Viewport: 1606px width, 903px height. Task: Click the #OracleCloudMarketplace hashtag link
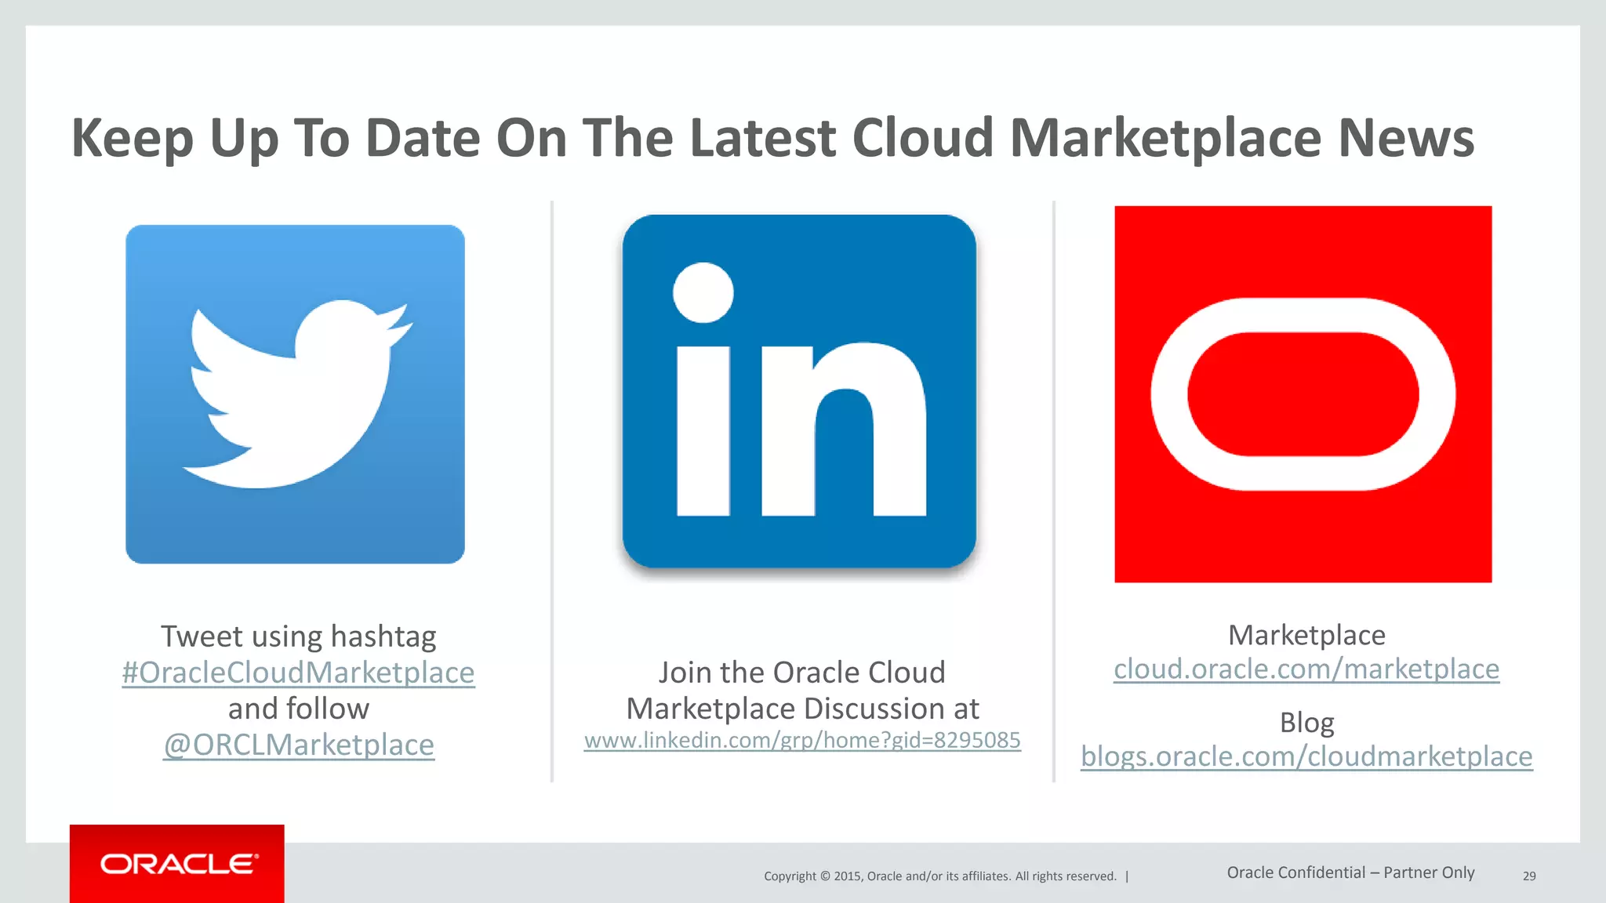coord(298,673)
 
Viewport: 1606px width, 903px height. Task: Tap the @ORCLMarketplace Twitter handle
coord(298,745)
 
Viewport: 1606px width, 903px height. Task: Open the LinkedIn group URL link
coord(802,740)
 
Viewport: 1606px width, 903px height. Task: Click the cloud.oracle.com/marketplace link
coord(1306,669)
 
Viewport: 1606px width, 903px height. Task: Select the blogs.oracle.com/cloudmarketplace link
coord(1306,756)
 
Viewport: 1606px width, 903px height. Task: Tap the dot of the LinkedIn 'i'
coord(703,292)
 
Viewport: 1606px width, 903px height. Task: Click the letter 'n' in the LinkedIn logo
coord(843,431)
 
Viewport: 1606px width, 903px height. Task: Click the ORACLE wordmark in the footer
coord(179,864)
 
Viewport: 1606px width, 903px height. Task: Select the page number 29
coord(1529,876)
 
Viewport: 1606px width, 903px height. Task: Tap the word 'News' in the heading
coord(1406,138)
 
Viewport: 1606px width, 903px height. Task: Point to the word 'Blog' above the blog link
coord(1306,723)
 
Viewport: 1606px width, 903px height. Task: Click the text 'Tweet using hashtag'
coord(298,636)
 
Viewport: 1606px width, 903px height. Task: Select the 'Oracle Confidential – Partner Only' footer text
coord(1350,872)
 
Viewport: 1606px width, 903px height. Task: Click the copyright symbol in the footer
coord(824,876)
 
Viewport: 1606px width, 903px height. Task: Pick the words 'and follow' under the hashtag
coord(298,709)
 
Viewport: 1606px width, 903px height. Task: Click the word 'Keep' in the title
coord(132,138)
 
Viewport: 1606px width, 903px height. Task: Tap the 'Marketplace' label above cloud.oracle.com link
coord(1306,635)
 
